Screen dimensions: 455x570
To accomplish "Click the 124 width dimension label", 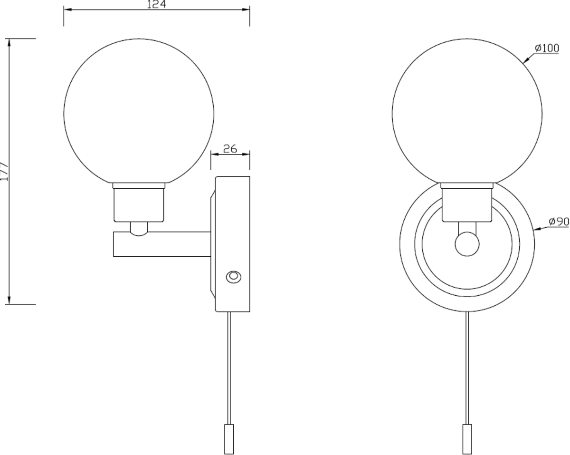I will click(x=156, y=5).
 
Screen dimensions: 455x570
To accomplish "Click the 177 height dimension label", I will click(x=4, y=171).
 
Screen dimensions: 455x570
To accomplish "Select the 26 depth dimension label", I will click(x=230, y=149).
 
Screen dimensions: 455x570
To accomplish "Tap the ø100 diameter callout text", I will click(x=547, y=48).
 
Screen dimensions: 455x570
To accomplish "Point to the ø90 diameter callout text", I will click(x=559, y=221).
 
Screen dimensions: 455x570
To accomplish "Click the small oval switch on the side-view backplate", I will click(x=233, y=277).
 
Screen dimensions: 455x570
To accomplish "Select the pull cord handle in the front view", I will click(x=468, y=437).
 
